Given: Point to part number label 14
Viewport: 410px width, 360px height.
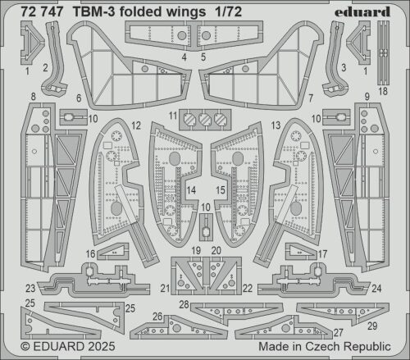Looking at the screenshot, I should click(x=189, y=190).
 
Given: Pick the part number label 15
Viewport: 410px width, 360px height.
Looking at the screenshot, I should click(x=219, y=190).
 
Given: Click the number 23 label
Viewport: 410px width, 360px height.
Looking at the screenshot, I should click(x=29, y=288).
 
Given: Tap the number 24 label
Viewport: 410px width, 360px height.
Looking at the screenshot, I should click(x=376, y=288).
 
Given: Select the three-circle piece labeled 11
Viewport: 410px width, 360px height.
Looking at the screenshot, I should click(x=204, y=119).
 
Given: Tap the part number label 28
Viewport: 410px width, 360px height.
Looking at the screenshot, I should click(x=185, y=305).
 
